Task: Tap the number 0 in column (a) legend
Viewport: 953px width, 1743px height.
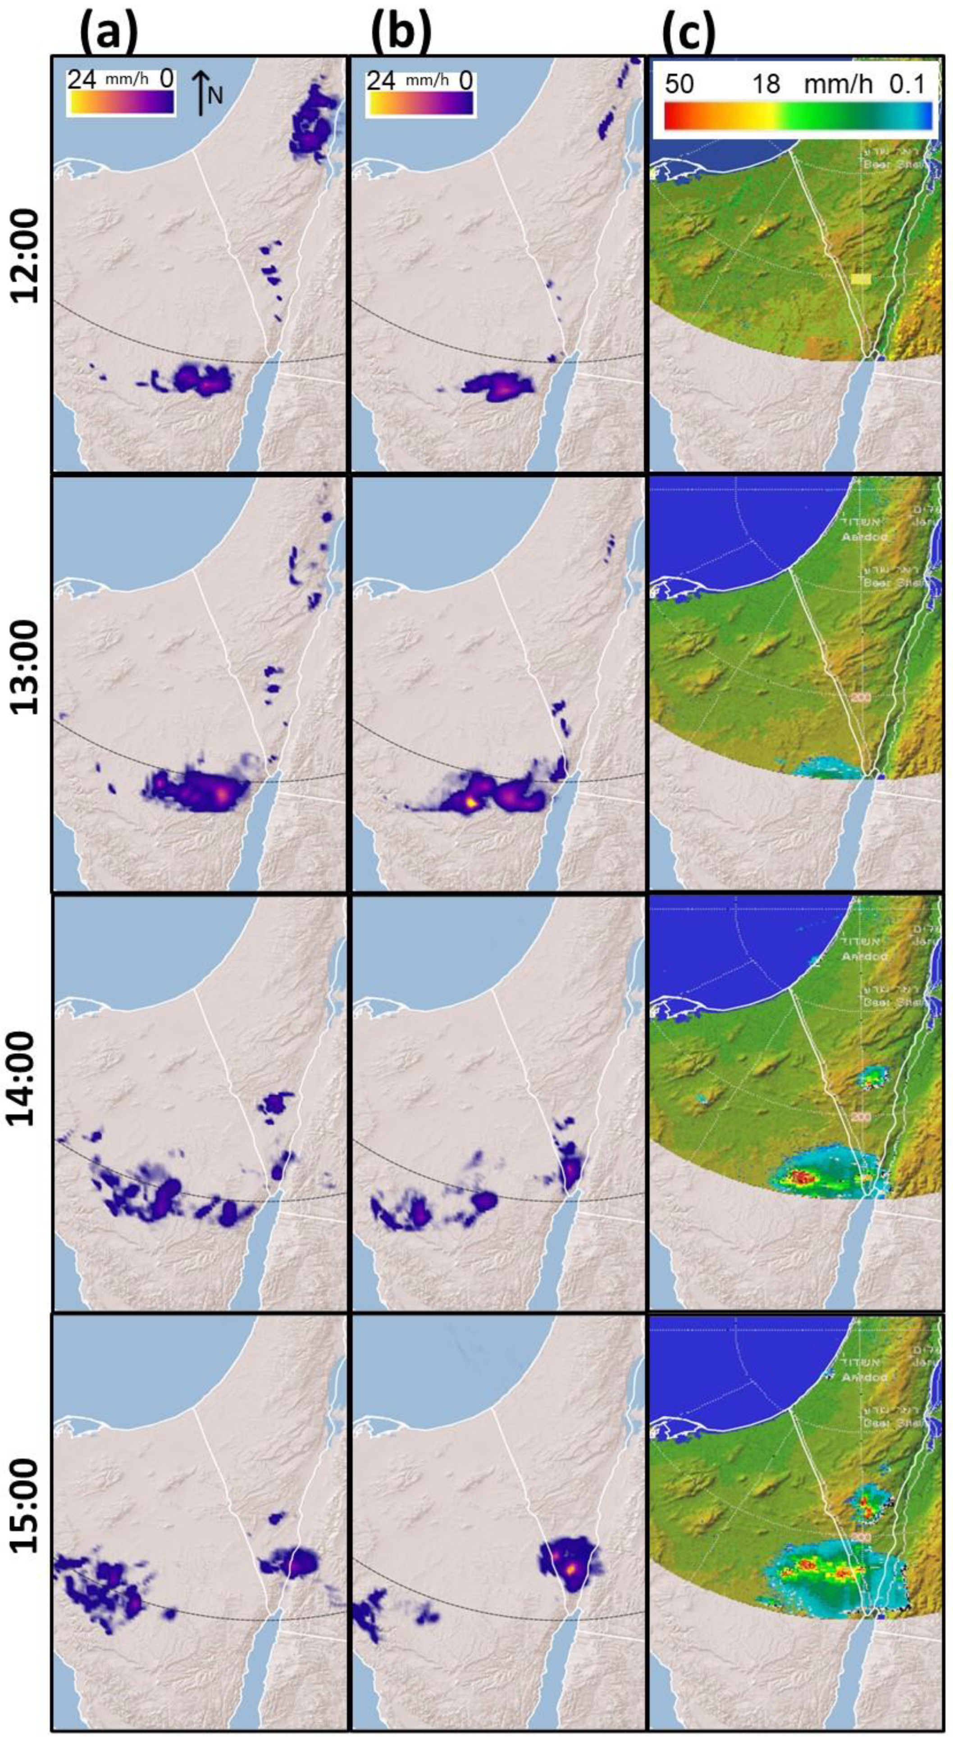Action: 167,79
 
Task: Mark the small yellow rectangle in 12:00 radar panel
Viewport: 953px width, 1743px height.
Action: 861,278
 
